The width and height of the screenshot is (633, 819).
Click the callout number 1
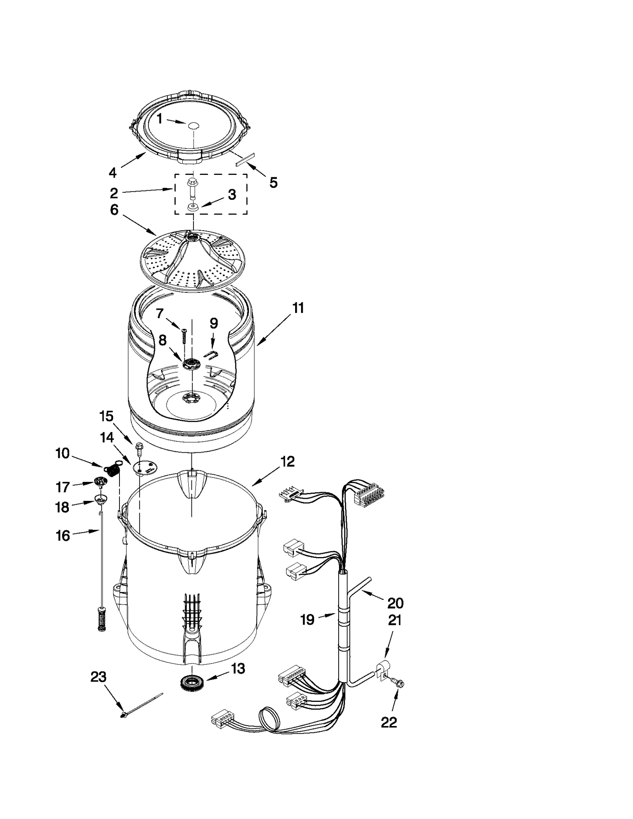[x=159, y=118]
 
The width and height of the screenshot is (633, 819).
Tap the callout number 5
[x=273, y=182]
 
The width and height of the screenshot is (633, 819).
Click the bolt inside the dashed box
[x=193, y=188]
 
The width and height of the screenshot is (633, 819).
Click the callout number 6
[x=114, y=210]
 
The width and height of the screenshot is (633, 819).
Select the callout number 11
[x=298, y=308]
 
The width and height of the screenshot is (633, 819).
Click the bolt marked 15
[x=139, y=447]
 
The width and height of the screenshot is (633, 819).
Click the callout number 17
[x=63, y=487]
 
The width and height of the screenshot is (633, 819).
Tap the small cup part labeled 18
[x=101, y=499]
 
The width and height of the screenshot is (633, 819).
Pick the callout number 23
[x=98, y=677]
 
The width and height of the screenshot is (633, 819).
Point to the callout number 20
[x=395, y=603]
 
